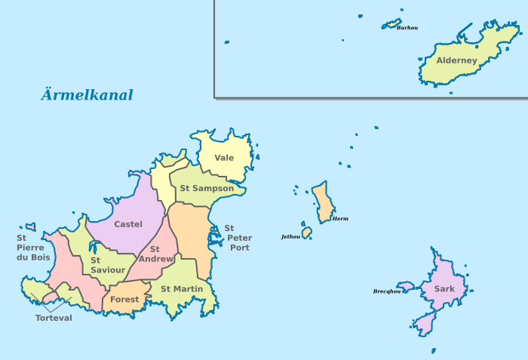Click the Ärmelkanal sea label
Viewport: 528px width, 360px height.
[x=87, y=95]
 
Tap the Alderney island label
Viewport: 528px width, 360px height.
[x=457, y=60]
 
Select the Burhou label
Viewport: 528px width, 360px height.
[x=407, y=28]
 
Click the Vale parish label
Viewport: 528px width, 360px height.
[x=224, y=158]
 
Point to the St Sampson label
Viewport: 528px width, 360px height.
[x=207, y=188]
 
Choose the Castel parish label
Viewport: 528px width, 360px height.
[x=128, y=224]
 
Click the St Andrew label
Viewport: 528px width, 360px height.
[x=156, y=254]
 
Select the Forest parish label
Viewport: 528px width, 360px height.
[x=124, y=300]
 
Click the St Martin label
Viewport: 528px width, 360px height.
[x=182, y=288]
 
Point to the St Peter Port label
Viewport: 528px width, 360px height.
[x=239, y=238]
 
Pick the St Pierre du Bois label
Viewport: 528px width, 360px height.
[x=32, y=248]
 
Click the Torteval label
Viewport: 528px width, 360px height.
[x=54, y=318]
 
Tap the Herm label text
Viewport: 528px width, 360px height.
[x=340, y=219]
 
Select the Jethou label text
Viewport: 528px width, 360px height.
[x=290, y=236]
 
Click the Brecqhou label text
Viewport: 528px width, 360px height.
[x=386, y=291]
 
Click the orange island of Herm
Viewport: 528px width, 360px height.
[x=322, y=201]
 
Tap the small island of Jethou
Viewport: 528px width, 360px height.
[x=307, y=232]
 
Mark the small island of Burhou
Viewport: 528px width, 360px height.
[x=391, y=23]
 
